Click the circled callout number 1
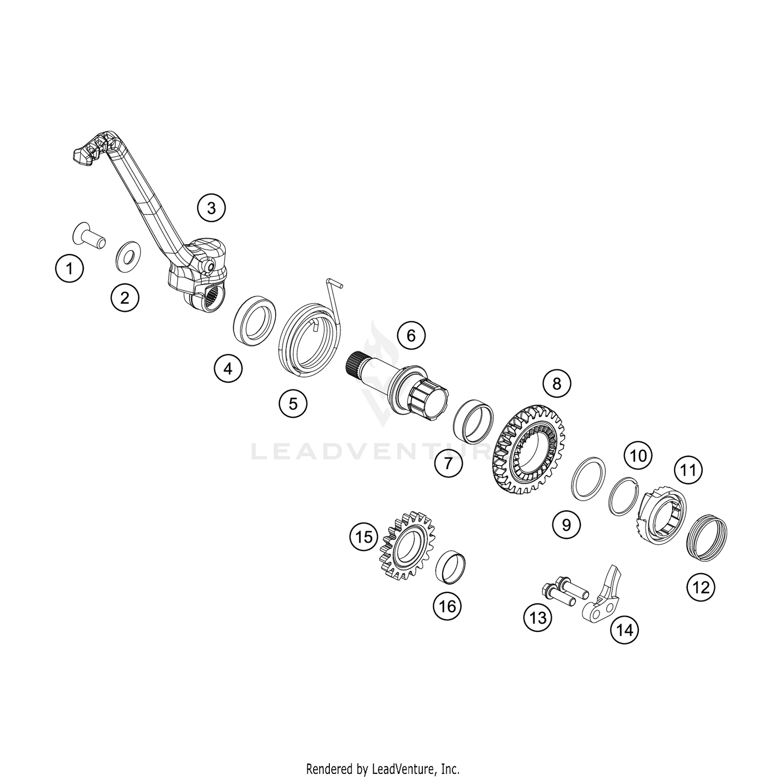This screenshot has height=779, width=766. (70, 268)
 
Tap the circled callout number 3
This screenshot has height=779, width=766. (211, 208)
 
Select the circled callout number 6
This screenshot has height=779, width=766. (411, 336)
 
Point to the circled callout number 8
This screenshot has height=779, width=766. (557, 383)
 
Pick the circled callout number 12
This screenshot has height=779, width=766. (701, 587)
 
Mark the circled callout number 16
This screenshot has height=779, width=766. (447, 606)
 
